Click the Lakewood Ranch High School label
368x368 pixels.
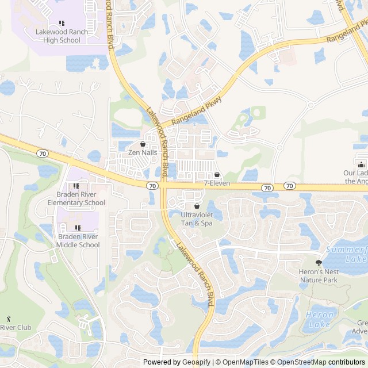(62, 36)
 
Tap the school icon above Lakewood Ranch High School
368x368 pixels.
(62, 23)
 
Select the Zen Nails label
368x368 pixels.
(143, 152)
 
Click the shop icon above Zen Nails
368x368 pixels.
(143, 144)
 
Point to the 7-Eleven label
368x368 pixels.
(217, 183)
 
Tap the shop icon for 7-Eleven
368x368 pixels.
(217, 175)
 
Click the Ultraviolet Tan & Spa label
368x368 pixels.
(197, 218)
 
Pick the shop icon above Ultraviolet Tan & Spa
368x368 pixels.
(197, 206)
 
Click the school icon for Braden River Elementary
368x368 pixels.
(76, 186)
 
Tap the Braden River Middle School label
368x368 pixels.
(78, 241)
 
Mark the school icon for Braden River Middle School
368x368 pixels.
(78, 228)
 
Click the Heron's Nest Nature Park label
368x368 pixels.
(319, 276)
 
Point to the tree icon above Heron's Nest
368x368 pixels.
(319, 263)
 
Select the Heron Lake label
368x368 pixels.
(320, 319)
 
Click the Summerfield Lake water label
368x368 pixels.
(347, 254)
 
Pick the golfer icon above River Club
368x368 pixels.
(8, 319)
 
